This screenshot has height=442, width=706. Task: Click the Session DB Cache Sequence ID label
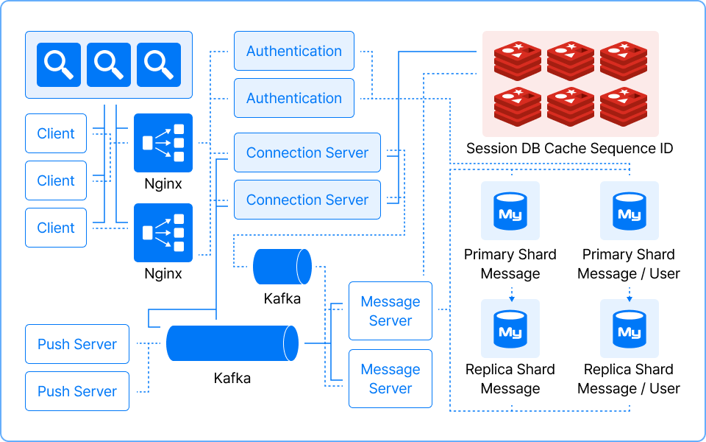[x=569, y=149]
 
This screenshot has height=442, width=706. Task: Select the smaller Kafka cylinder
[x=282, y=267]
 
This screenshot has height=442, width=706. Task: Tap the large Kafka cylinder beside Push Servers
[x=232, y=343]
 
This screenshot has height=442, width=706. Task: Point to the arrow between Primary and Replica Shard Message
[x=510, y=292]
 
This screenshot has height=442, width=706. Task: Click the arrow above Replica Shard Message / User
[x=630, y=292]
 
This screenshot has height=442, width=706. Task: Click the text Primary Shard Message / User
[x=629, y=264]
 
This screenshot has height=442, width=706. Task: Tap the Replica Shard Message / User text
[x=629, y=379]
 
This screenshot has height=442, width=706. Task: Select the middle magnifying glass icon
[x=109, y=65]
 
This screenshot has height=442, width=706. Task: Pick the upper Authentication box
[x=294, y=51]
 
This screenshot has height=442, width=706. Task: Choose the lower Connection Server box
[x=307, y=200]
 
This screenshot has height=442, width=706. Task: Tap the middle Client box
[x=56, y=180]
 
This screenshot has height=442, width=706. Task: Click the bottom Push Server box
[x=77, y=391]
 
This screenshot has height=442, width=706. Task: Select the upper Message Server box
[x=391, y=311]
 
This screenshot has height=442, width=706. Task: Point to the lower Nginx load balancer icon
[x=163, y=233]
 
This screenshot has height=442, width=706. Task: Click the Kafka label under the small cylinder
[x=282, y=298]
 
